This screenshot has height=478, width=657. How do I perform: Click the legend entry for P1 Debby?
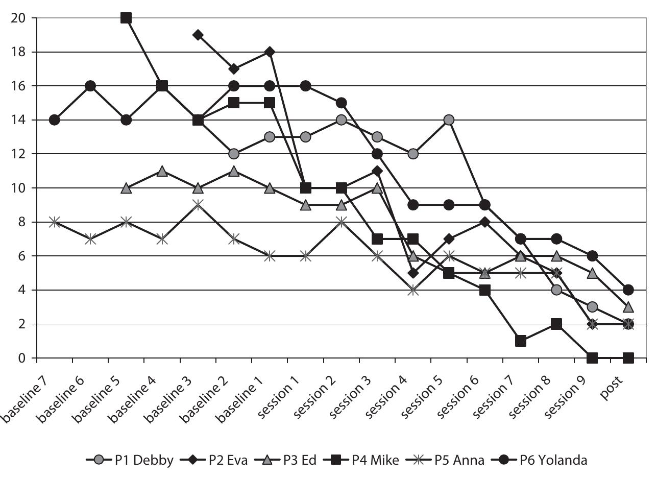133,460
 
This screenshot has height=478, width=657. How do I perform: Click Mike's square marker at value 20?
126,18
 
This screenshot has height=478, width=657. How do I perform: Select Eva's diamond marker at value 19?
198,35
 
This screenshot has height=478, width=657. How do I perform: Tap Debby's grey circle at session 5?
449,120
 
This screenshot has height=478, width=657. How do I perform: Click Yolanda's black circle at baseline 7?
55,120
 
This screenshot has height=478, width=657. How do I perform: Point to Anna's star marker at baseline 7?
55,222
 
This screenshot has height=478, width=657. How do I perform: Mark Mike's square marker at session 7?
521,341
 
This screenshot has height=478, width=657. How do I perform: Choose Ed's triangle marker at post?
628,307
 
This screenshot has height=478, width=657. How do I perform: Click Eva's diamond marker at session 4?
413,273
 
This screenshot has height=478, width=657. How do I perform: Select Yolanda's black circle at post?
628,290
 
